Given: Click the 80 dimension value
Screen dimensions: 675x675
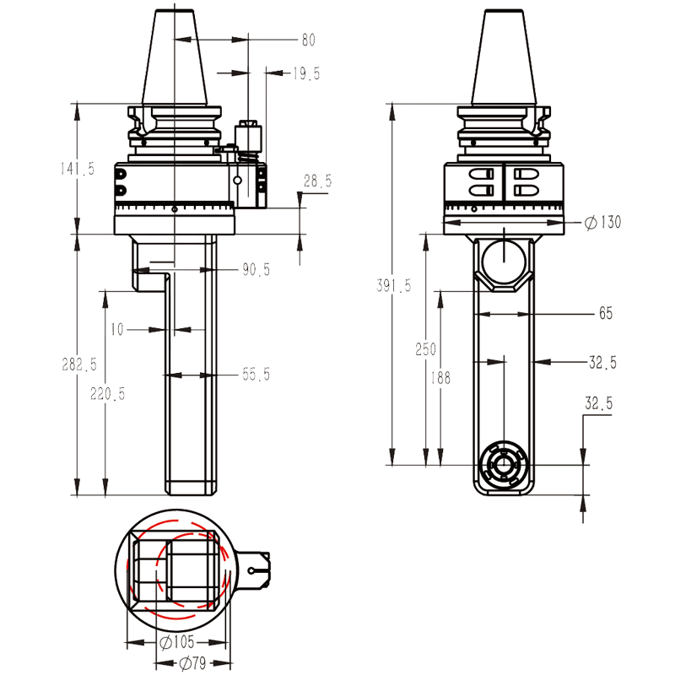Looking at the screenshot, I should point(308,40).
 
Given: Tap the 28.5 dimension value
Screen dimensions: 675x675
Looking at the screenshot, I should point(318,181).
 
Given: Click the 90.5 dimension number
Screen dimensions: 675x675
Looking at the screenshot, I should point(256,270).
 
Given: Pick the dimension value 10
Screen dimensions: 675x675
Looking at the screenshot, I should point(116,330).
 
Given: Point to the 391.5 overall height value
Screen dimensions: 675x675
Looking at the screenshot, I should point(393,286).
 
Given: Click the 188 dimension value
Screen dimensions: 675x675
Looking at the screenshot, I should point(439,378).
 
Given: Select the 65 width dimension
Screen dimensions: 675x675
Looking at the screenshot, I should point(606,313).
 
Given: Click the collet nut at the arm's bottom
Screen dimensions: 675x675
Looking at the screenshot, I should point(503,464).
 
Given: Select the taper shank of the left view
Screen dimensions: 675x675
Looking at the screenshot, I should point(175,59).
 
